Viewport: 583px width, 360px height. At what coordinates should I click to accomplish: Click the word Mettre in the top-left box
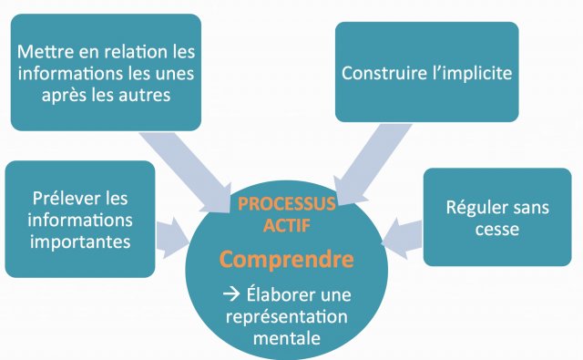pyautogui.click(x=46, y=51)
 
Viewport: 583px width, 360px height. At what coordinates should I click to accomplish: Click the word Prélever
pyautogui.click(x=63, y=198)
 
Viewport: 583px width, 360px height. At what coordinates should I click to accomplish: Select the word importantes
pyautogui.click(x=80, y=242)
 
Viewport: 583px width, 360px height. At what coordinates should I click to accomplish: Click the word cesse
pyautogui.click(x=497, y=230)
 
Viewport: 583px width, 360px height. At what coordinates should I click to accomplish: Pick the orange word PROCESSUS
pyautogui.click(x=287, y=203)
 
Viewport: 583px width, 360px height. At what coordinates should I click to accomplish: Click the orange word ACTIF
pyautogui.click(x=287, y=225)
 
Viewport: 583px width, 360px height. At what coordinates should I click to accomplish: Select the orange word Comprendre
pyautogui.click(x=286, y=260)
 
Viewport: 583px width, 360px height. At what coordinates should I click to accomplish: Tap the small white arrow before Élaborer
pyautogui.click(x=231, y=294)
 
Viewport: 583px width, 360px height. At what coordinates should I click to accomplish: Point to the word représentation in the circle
pyautogui.click(x=287, y=317)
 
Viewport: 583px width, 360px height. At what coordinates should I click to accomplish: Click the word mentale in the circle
pyautogui.click(x=287, y=338)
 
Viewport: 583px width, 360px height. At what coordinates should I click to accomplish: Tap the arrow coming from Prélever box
pyautogui.click(x=172, y=239)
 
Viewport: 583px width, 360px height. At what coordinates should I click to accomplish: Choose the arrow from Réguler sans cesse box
pyautogui.click(x=403, y=237)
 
